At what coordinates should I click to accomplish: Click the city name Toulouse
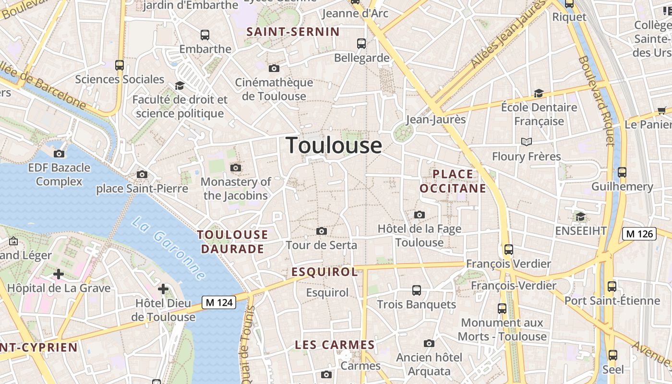tap(334, 145)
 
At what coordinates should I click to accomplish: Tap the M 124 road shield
tap(219, 302)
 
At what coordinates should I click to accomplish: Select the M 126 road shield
tap(639, 234)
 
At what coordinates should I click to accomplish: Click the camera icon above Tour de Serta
tap(322, 231)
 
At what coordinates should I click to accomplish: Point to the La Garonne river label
tap(169, 249)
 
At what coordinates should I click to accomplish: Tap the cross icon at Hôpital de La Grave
tap(59, 274)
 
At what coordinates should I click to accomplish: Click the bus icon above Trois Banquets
tap(417, 290)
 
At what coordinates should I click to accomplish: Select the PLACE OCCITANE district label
tap(453, 181)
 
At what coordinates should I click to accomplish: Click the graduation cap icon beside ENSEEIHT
tap(580, 217)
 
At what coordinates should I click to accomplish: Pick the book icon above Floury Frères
tap(527, 142)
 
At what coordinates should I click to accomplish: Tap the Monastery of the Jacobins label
tap(236, 189)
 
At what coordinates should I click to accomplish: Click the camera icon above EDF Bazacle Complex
tap(59, 154)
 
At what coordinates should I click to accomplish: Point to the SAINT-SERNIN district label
tap(293, 32)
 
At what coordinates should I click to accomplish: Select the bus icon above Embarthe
tap(205, 35)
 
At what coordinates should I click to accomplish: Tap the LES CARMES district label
tap(335, 345)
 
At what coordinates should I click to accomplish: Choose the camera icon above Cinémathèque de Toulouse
tap(274, 69)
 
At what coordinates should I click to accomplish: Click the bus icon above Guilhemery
tap(622, 172)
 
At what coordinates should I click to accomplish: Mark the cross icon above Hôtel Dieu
tap(163, 289)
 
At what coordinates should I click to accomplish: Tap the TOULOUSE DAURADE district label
tap(233, 241)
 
